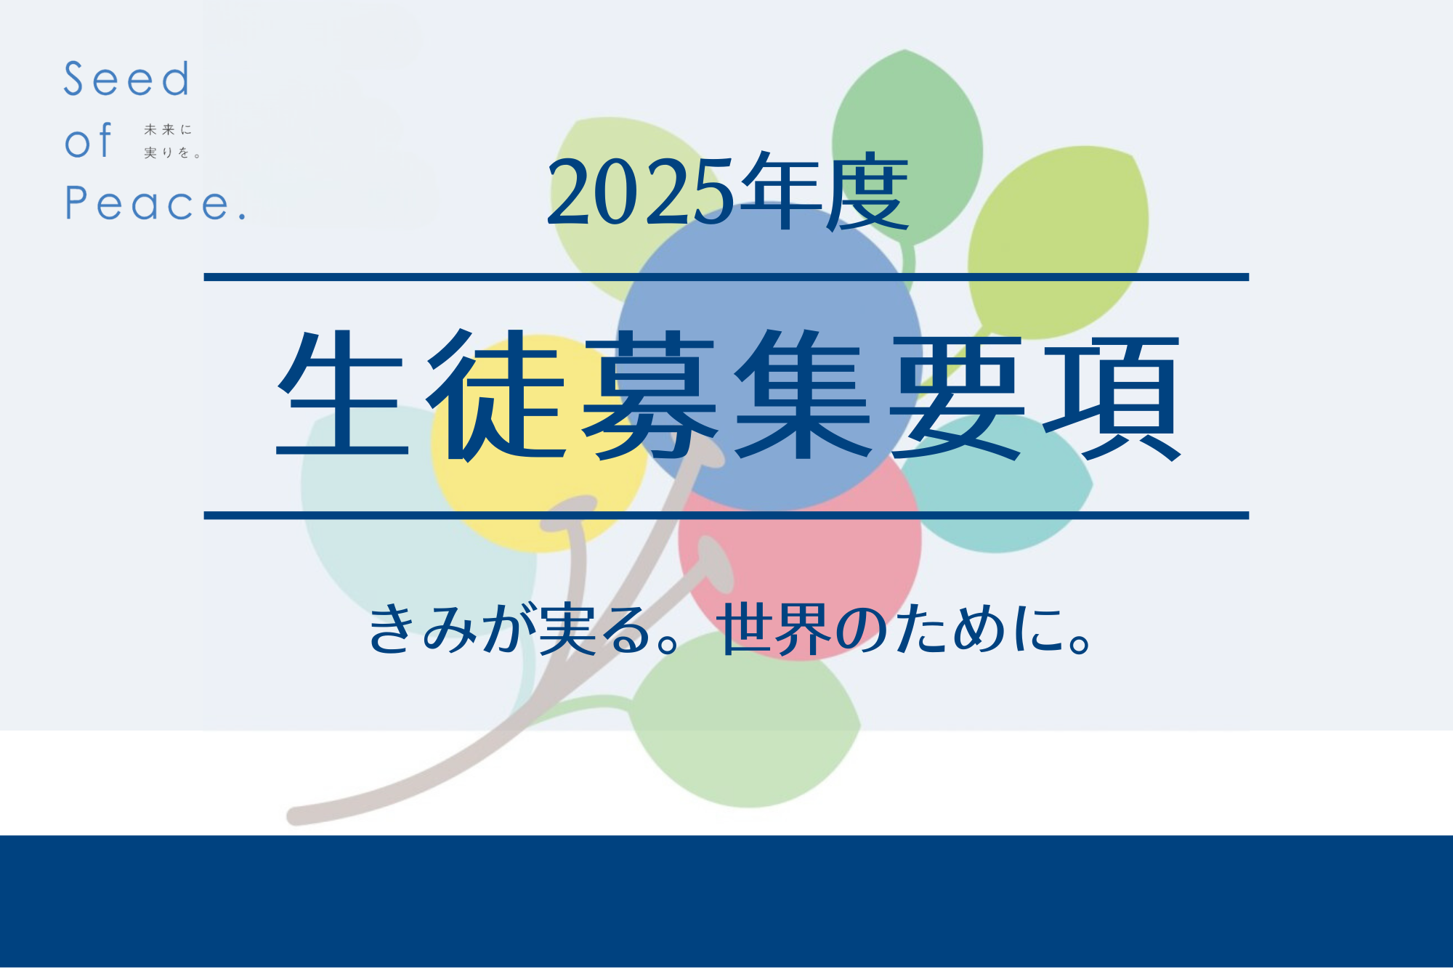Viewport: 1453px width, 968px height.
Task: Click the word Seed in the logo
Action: click(x=126, y=79)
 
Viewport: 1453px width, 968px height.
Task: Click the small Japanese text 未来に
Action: click(x=168, y=130)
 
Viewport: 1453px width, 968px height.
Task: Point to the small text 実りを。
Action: click(x=172, y=152)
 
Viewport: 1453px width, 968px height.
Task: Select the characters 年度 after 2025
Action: click(x=829, y=192)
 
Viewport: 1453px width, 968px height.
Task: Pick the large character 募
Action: click(x=650, y=395)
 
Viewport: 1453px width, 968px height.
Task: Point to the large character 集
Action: click(x=804, y=395)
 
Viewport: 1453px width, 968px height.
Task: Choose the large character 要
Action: click(x=958, y=396)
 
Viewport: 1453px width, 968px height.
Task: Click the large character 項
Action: click(x=1112, y=396)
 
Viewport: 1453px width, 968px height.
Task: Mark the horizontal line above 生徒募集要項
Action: click(x=726, y=277)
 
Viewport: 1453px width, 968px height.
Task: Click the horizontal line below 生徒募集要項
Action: click(x=726, y=516)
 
